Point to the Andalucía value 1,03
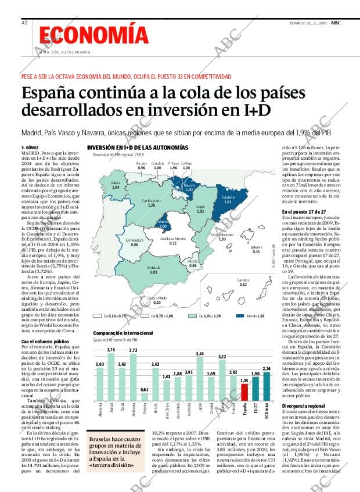coord(154,272)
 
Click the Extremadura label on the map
coord(135,239)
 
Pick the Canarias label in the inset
coord(243,281)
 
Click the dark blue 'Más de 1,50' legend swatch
coord(240,316)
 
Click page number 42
coord(24,22)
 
